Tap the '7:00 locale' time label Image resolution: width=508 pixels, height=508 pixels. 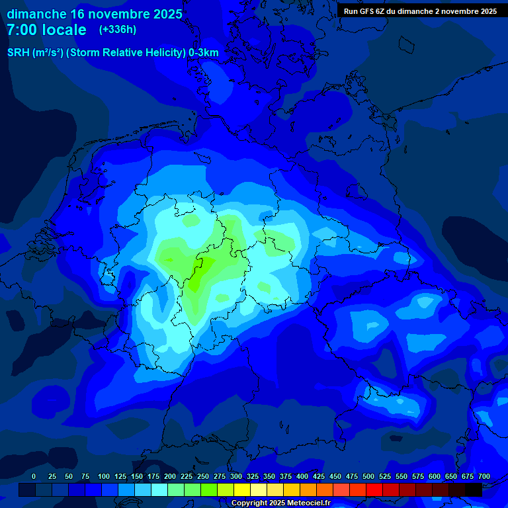click(x=46, y=30)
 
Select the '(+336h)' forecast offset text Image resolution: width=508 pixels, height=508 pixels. click(x=118, y=30)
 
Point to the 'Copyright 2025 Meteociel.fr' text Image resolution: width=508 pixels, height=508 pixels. click(x=280, y=503)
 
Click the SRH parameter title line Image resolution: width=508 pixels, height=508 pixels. click(x=113, y=53)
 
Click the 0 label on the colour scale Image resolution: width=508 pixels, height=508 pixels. click(x=34, y=477)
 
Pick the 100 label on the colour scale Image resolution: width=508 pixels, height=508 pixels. click(x=104, y=477)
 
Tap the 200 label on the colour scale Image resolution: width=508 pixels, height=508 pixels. click(x=170, y=477)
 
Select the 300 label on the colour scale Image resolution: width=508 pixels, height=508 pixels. click(x=236, y=477)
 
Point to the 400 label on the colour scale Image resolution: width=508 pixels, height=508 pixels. click(x=302, y=477)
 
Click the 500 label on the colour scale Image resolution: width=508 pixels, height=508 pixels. click(x=368, y=477)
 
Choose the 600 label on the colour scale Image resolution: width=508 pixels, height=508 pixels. click(x=435, y=477)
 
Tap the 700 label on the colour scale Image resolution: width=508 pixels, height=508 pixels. click(x=484, y=477)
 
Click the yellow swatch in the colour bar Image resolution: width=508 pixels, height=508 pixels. click(x=242, y=489)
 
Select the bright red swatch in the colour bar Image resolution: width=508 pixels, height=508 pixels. click(x=374, y=489)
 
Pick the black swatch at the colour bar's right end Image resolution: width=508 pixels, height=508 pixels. click(x=474, y=489)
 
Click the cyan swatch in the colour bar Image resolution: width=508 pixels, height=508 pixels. click(x=159, y=489)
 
